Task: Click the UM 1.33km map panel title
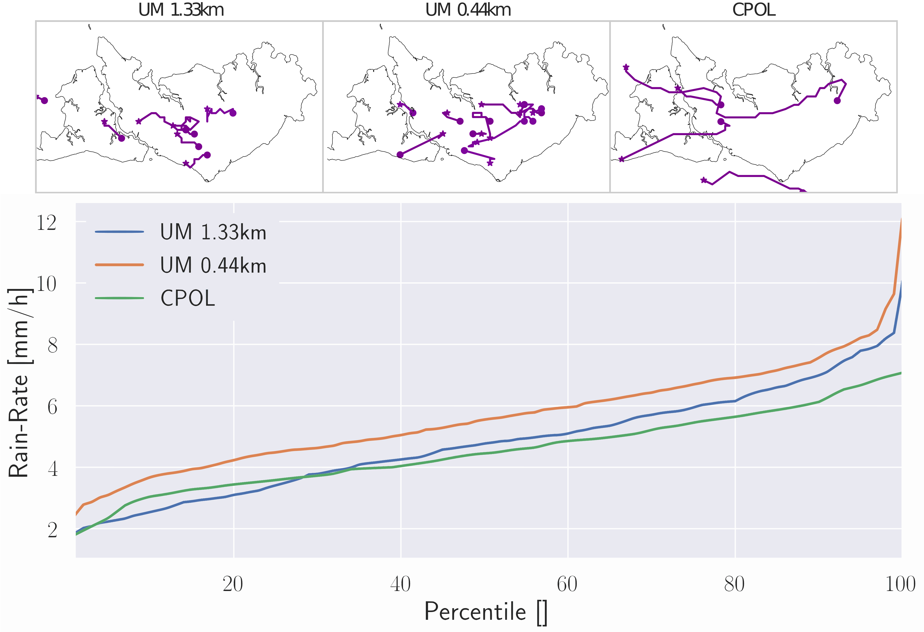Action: pyautogui.click(x=181, y=10)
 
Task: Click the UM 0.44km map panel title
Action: pyautogui.click(x=468, y=10)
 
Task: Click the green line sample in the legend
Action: pyautogui.click(x=119, y=298)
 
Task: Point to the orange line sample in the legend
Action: pyautogui.click(x=119, y=265)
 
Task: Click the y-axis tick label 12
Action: pyautogui.click(x=46, y=223)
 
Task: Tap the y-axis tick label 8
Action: pyautogui.click(x=52, y=345)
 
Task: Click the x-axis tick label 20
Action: pyautogui.click(x=233, y=584)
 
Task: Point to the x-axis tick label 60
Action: pyautogui.click(x=567, y=584)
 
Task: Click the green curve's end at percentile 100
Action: pyautogui.click(x=901, y=373)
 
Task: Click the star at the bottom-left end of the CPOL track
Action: pyautogui.click(x=621, y=159)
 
